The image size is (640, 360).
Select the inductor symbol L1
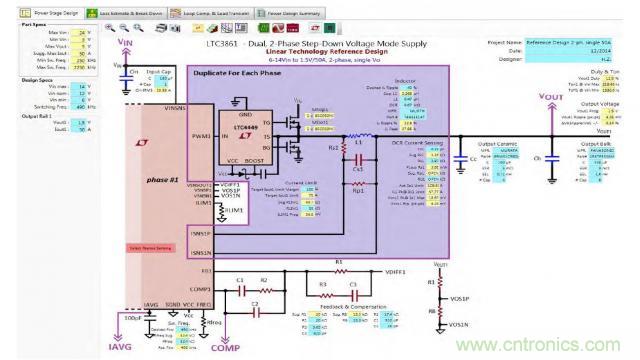(x=355, y=154)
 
